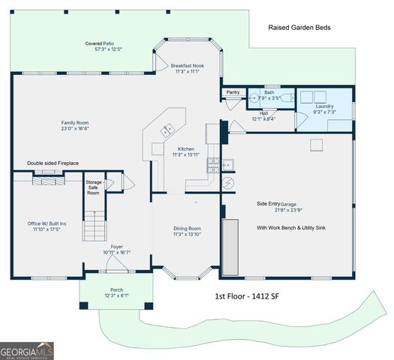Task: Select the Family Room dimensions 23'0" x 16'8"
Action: coord(75,129)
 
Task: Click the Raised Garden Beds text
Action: coord(299,28)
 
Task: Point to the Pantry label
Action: coord(233,92)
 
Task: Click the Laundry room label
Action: coord(324,106)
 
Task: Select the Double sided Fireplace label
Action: coord(53,163)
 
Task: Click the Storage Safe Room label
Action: coord(93,187)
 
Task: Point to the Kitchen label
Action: coord(186,148)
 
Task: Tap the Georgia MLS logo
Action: coord(27,350)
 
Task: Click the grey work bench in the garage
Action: coord(230,247)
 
